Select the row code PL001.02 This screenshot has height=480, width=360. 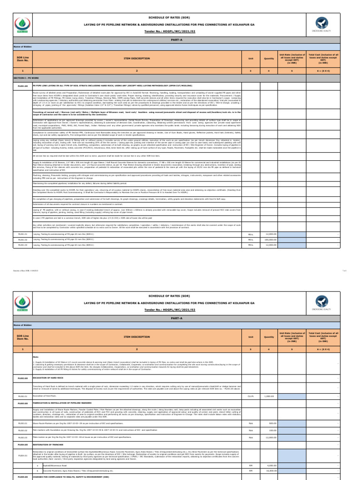click(x=23, y=239)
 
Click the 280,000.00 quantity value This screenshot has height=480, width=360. click(x=270, y=239)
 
